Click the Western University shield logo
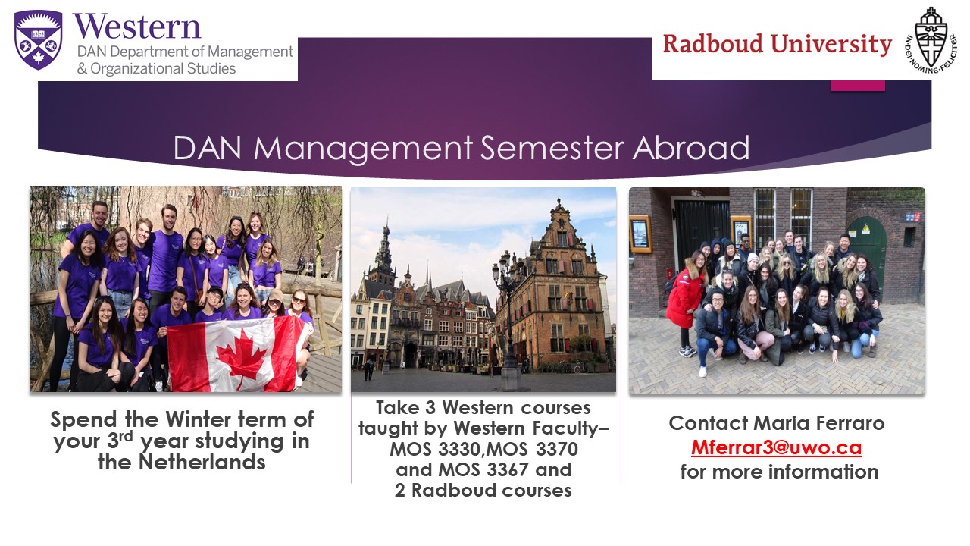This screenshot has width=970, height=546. point(39,39)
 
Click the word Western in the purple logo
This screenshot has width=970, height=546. point(137,27)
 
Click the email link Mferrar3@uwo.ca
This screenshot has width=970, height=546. point(776,447)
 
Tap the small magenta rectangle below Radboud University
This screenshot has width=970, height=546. point(857,86)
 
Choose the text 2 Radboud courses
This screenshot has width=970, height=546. point(483,490)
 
